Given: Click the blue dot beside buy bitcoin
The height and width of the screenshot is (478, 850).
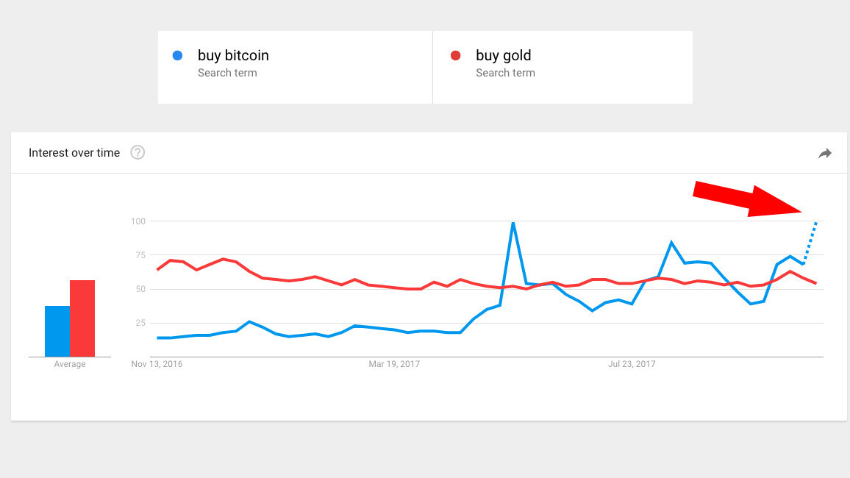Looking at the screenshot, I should coord(177,55).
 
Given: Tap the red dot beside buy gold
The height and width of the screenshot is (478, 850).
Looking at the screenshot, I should coord(455,55).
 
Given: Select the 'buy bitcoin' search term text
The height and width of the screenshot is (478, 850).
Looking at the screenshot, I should coord(233,55).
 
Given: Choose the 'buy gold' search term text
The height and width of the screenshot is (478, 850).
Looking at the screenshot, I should coord(503,55).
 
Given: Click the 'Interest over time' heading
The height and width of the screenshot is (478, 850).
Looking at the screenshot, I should coord(74,153).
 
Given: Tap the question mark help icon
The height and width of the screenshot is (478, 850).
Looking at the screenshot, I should coord(137,153).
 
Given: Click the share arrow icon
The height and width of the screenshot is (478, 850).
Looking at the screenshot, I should coord(825,153).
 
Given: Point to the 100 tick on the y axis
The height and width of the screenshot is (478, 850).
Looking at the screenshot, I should coord(137,221).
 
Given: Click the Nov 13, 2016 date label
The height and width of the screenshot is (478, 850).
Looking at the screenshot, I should coord(157,364).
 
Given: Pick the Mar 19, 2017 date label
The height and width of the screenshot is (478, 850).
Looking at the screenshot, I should coord(394,364).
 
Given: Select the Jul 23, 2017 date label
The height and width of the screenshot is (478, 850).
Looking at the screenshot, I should coord(632,364).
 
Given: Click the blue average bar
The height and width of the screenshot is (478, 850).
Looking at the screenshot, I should coord(57,331).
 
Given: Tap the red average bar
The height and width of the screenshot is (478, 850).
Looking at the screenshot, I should coord(82,318).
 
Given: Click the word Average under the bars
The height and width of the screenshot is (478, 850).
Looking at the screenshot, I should coord(70,364).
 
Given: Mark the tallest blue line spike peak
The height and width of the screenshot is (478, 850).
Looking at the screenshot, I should coord(512,223).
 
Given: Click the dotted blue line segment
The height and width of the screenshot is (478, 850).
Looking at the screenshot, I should coord(810,241).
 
